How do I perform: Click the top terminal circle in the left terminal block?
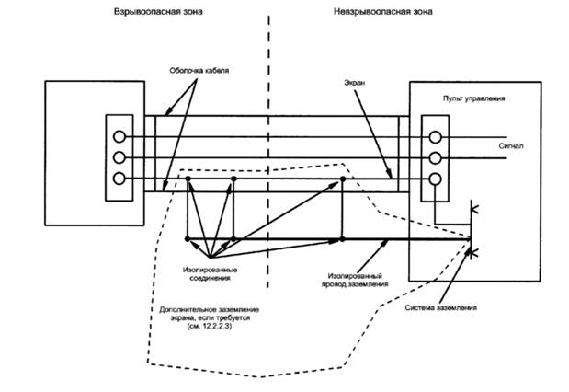pos(119,137)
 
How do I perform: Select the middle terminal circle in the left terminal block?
pos(119,157)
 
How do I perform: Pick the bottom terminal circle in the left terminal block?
pos(119,178)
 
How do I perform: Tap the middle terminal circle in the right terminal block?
pos(435,157)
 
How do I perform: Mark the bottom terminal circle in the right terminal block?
pos(435,178)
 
